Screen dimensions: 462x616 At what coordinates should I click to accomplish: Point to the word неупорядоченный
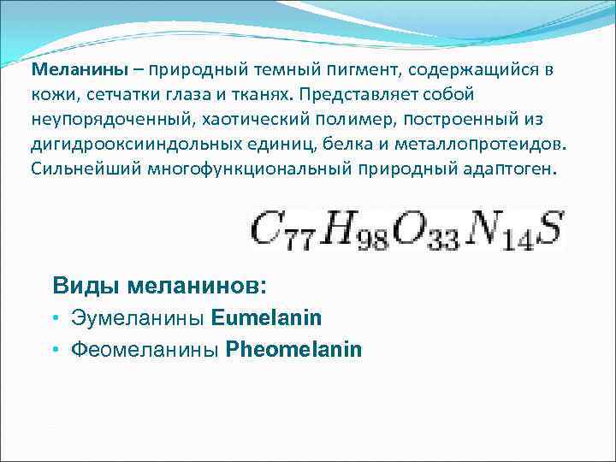click(92, 118)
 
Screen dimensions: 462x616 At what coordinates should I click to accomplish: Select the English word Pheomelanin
click(293, 349)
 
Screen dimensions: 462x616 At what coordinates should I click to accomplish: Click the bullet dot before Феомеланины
click(55, 350)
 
